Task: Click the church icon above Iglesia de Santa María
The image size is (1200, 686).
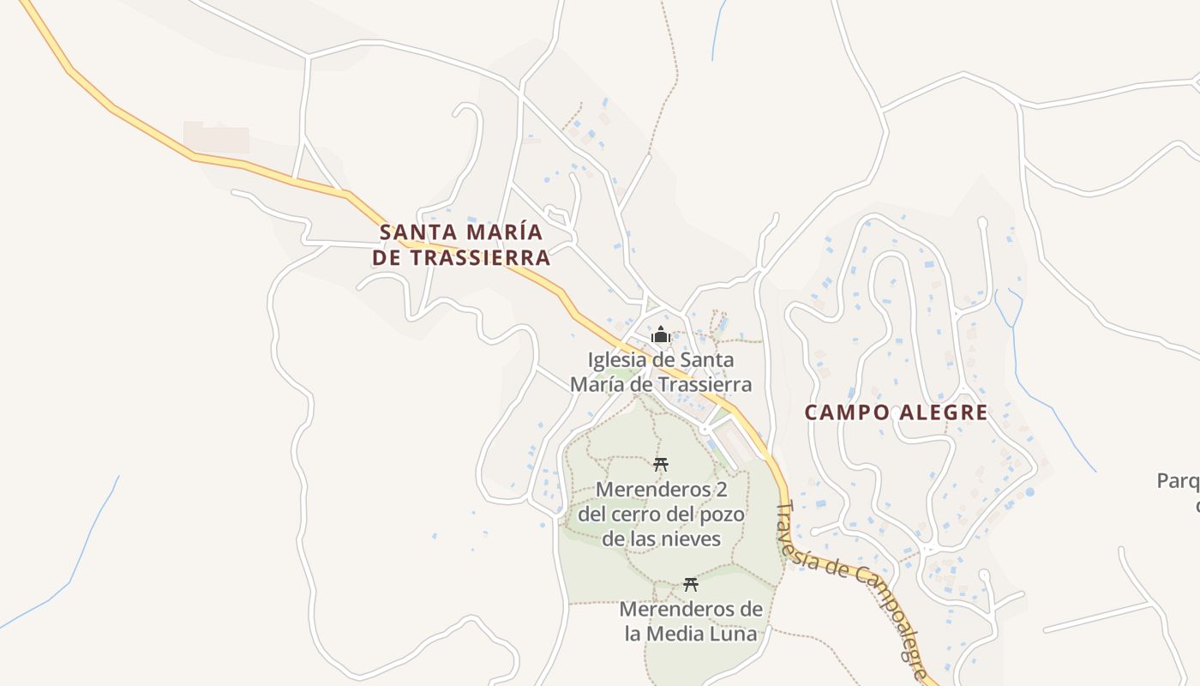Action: coord(660,334)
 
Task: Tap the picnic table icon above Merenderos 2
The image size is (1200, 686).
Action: coord(660,465)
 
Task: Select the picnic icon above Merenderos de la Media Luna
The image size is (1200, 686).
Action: coord(691,585)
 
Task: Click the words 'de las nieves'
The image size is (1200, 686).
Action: coord(661,539)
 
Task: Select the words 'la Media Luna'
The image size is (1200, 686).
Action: coord(691,635)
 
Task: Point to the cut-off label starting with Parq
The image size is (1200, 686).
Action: coord(1179,481)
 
